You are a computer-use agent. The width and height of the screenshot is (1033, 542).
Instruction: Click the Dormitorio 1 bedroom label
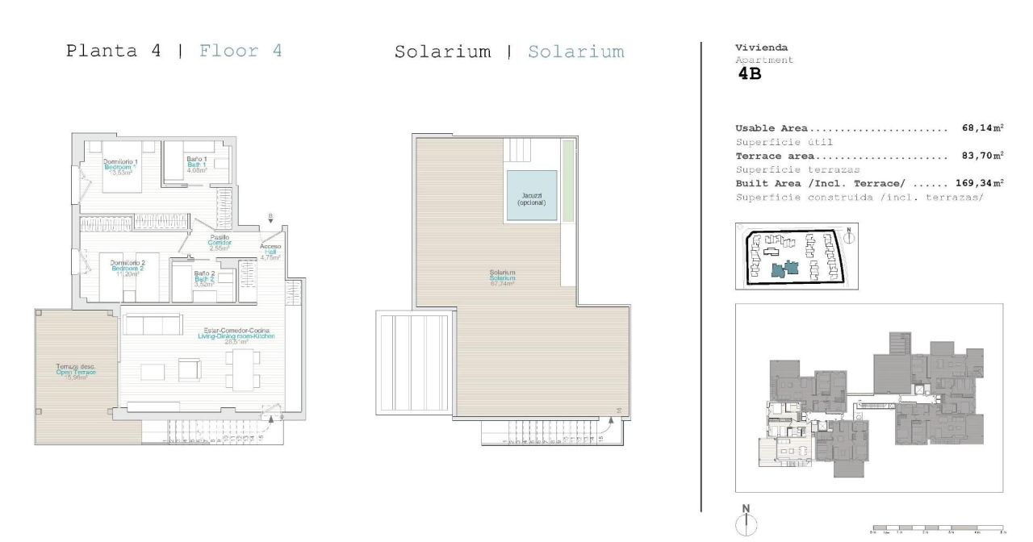tap(120, 167)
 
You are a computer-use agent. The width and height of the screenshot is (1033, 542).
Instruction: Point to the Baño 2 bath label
tap(204, 278)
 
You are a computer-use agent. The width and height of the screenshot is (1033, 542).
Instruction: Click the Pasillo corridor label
tap(220, 243)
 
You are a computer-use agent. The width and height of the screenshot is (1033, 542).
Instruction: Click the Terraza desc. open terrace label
tap(76, 372)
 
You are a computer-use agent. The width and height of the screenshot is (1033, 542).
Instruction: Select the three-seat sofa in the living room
tap(151, 325)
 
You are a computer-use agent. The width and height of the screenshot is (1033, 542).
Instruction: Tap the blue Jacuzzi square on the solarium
tap(531, 197)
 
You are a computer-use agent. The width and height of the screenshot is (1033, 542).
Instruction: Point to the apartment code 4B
tap(750, 74)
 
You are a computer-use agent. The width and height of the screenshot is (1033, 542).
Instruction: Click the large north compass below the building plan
tap(747, 519)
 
